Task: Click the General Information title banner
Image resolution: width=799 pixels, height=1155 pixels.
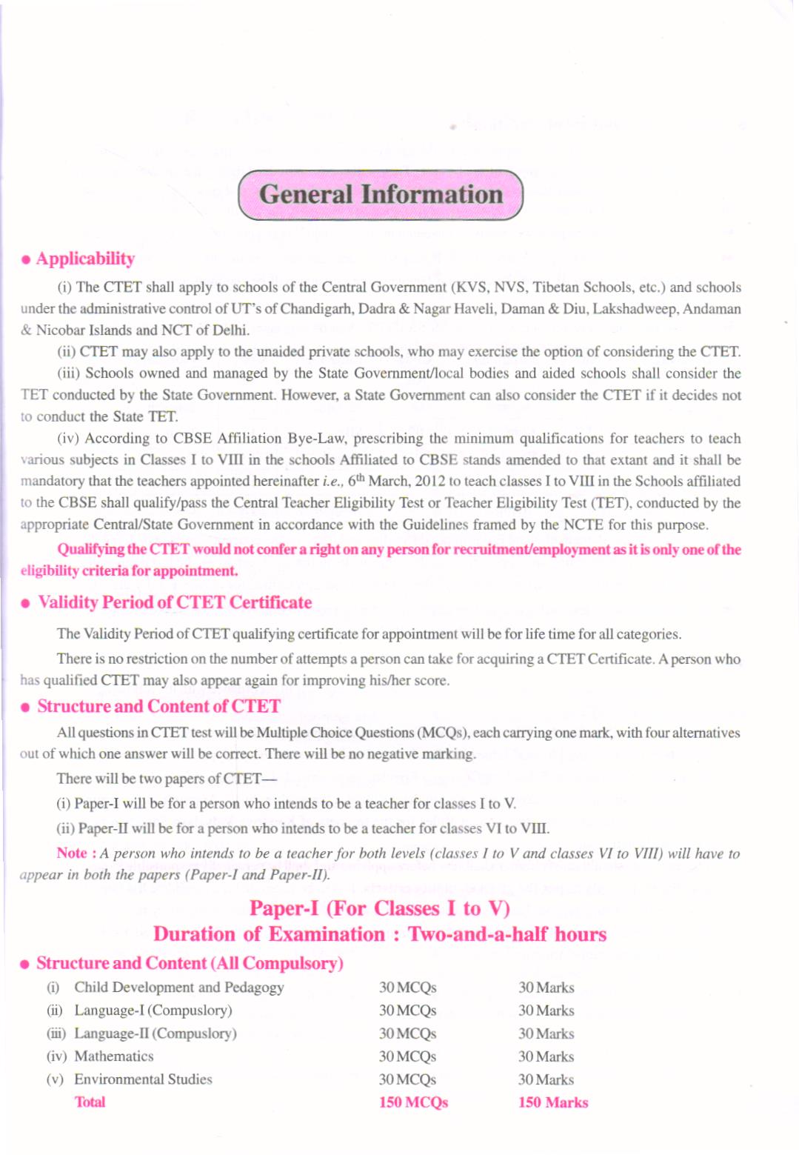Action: tap(381, 195)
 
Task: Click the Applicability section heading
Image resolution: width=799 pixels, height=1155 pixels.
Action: tap(85, 259)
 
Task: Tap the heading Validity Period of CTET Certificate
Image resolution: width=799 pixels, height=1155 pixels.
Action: tap(175, 602)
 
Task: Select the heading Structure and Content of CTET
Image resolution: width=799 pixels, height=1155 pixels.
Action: tap(158, 706)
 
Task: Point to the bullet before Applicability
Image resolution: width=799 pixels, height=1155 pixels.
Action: tap(26, 260)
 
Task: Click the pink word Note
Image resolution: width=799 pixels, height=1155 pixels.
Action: tap(72, 853)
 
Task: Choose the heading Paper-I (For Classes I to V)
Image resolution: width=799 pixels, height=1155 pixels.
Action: tap(379, 908)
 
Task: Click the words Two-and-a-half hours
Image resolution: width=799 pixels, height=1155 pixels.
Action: tap(507, 934)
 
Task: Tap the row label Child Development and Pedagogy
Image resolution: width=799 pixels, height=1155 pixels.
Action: tap(178, 987)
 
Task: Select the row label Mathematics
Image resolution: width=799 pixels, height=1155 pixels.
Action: tap(114, 1056)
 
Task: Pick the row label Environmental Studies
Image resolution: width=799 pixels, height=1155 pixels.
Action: tap(143, 1079)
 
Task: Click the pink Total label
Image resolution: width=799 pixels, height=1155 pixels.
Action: tap(90, 1102)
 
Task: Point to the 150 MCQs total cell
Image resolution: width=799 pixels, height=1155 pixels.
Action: tap(413, 1102)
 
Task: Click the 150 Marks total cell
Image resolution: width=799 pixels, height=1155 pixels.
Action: tap(553, 1102)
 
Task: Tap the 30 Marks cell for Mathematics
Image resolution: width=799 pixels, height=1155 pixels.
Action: tap(546, 1056)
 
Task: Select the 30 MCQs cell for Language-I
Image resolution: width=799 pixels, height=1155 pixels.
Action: tap(407, 1011)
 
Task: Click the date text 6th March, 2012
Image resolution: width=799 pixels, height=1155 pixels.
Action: tap(395, 481)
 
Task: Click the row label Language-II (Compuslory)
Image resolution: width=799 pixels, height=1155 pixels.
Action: tap(156, 1033)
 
